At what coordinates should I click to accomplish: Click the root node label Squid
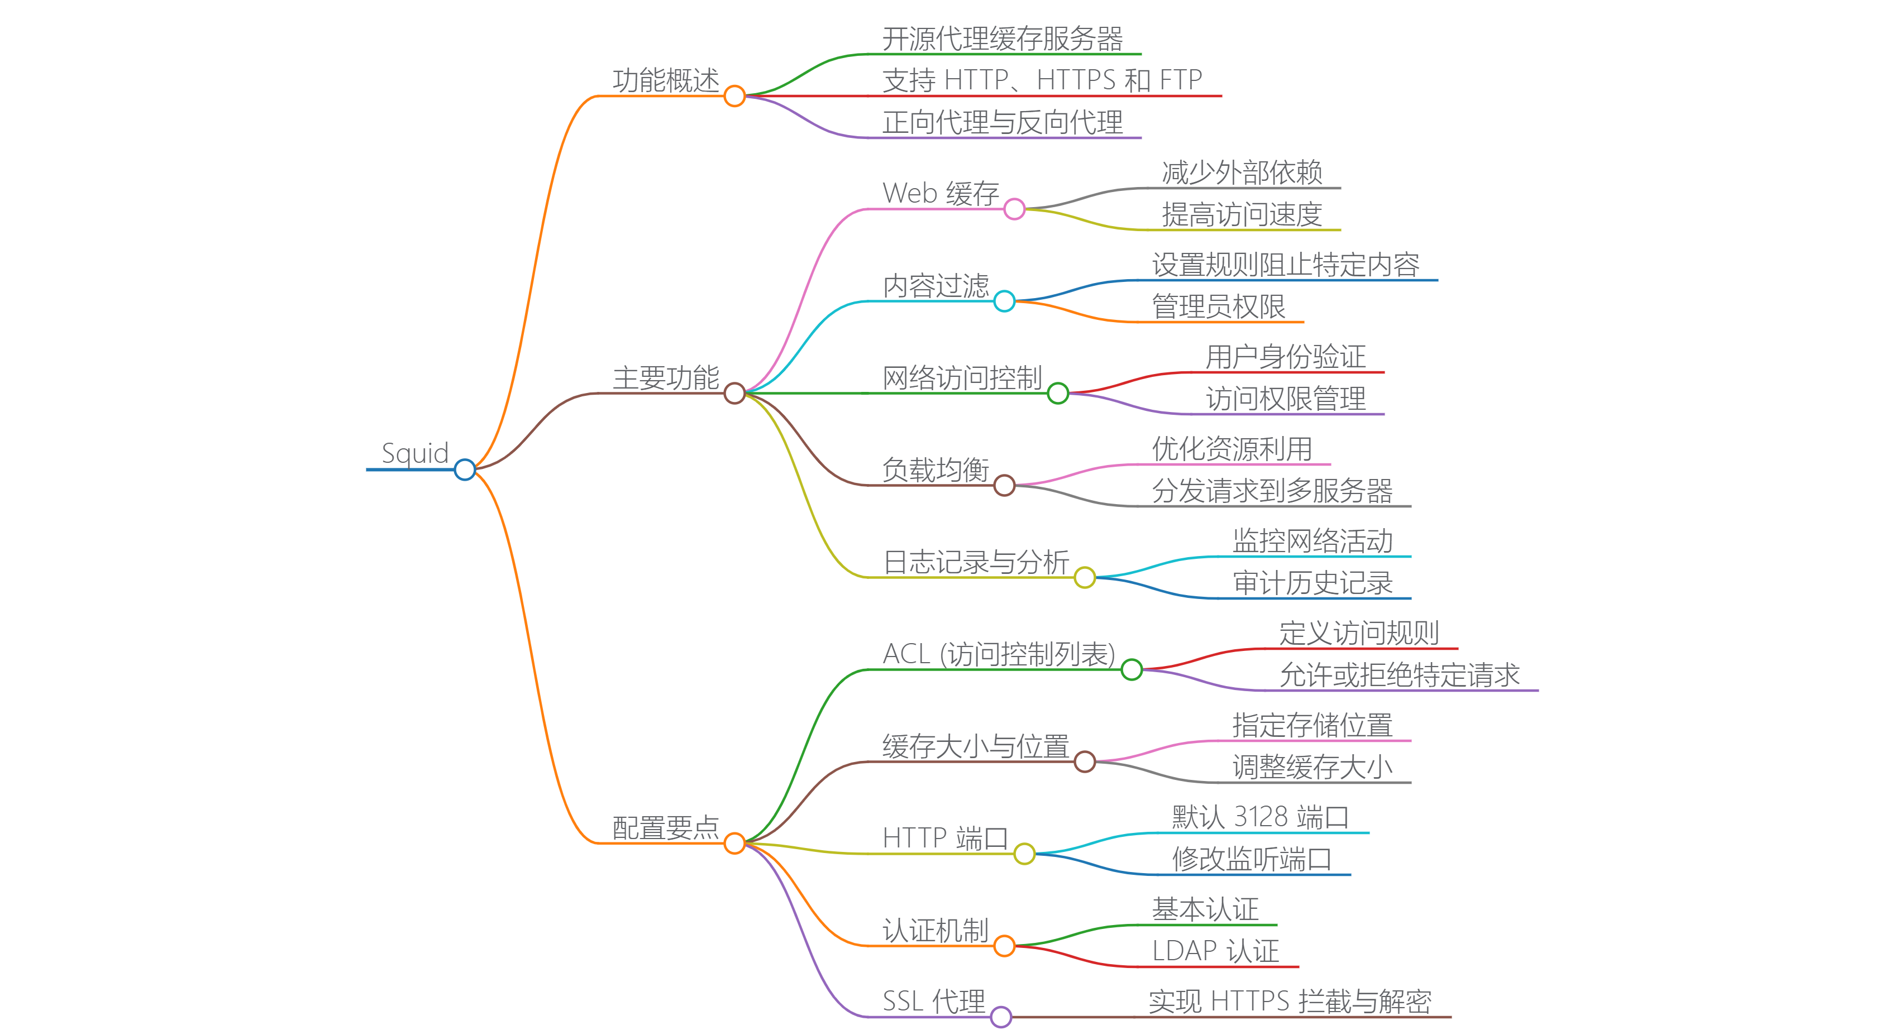click(415, 453)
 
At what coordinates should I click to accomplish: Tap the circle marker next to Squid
click(465, 470)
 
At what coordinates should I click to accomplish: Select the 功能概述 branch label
click(666, 80)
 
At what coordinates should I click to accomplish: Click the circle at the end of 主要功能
click(734, 394)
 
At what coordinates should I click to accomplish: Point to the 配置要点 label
click(666, 828)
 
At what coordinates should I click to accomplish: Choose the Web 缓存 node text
click(941, 194)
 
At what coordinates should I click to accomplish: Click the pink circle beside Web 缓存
click(1014, 209)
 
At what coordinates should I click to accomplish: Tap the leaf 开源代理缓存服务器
click(1003, 39)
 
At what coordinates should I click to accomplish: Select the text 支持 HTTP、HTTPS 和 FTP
click(1042, 80)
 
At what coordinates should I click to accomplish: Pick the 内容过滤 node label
click(936, 286)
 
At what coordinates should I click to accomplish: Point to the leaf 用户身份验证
click(1286, 357)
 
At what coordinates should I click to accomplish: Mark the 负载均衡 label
click(936, 470)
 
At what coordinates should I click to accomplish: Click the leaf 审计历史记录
click(1313, 583)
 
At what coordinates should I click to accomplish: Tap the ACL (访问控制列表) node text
click(999, 654)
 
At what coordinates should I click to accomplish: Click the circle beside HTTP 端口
click(1024, 854)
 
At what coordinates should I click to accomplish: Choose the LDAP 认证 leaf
click(1215, 951)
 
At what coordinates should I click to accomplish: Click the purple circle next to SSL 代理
click(1001, 1016)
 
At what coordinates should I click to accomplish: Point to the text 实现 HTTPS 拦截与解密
click(1290, 1002)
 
